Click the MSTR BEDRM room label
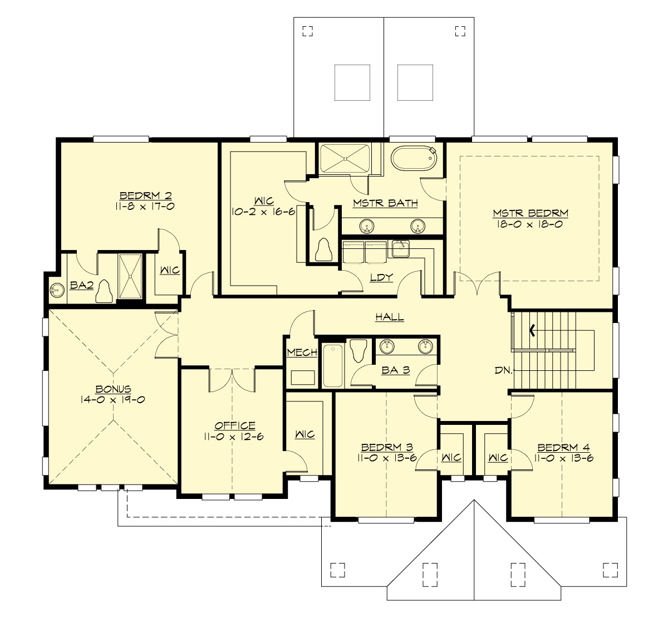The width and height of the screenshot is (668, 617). tap(530, 213)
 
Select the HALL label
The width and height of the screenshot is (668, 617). tap(389, 317)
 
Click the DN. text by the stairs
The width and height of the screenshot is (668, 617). tap(503, 370)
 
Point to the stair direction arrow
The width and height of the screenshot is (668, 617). tap(533, 331)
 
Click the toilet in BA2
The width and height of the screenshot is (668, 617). tap(104, 291)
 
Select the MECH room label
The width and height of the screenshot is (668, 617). tap(302, 352)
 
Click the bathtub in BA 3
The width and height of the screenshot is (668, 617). tap(333, 366)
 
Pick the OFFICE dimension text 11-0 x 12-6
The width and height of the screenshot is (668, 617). tap(233, 437)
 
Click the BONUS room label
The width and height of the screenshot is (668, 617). tap(113, 389)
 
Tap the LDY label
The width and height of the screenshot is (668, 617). tap(381, 277)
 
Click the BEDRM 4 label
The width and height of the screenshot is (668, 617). tap(563, 448)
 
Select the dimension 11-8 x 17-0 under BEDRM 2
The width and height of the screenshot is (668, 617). tap(145, 206)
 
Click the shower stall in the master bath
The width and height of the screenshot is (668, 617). tap(345, 158)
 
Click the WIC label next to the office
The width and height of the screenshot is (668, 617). tap(305, 434)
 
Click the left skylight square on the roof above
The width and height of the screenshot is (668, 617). tap(352, 82)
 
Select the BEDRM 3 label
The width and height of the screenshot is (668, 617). tap(386, 448)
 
